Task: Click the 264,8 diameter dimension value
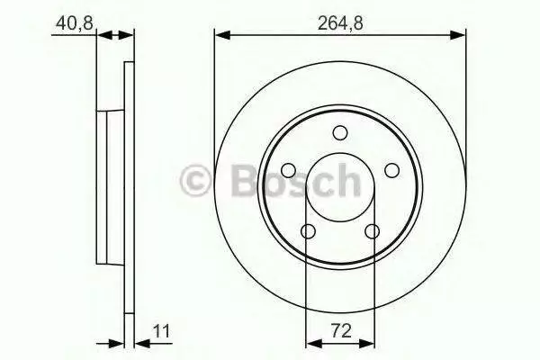pyautogui.click(x=340, y=23)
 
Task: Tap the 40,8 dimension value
pyautogui.click(x=75, y=23)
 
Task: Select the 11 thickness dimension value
pyautogui.click(x=161, y=331)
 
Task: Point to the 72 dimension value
pyautogui.click(x=341, y=331)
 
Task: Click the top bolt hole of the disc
pyautogui.click(x=340, y=132)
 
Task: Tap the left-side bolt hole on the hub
pyautogui.click(x=289, y=170)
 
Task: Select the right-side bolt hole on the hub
pyautogui.click(x=391, y=170)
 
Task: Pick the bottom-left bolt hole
pyautogui.click(x=308, y=231)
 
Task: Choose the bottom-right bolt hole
pyautogui.click(x=372, y=231)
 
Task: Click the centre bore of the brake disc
pyautogui.click(x=340, y=157)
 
